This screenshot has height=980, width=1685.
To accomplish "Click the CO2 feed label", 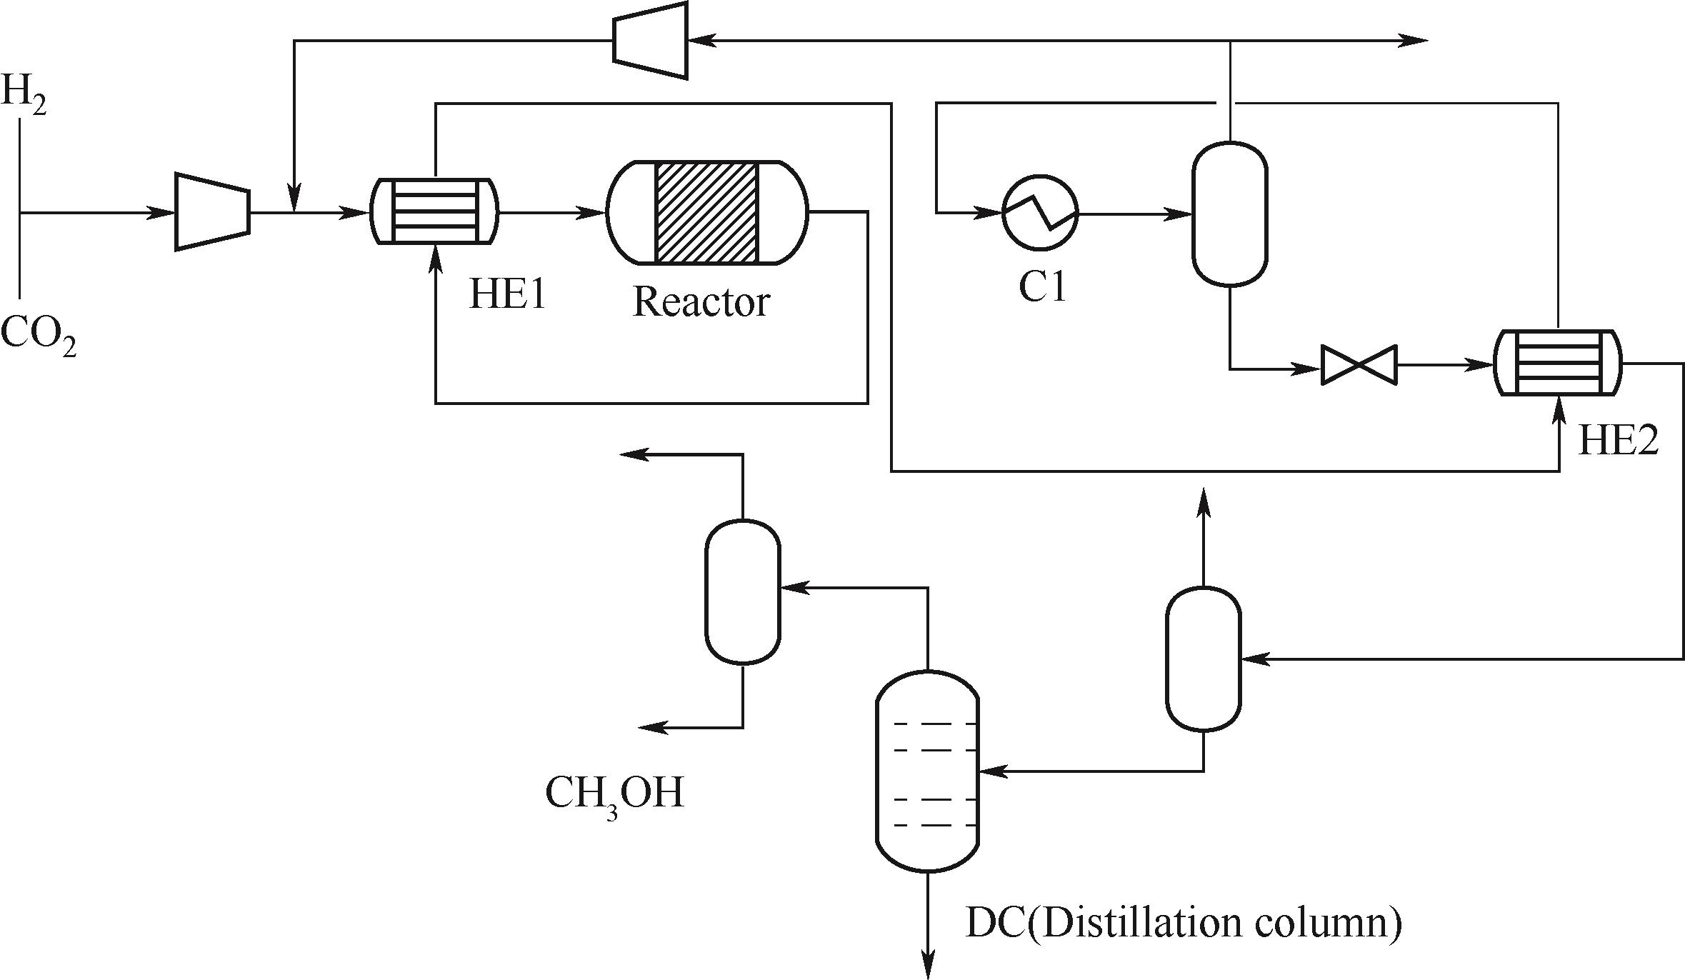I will pos(37,336).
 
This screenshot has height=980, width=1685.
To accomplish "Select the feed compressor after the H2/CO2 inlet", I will pos(212,212).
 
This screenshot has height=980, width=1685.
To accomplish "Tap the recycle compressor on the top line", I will pos(650,40).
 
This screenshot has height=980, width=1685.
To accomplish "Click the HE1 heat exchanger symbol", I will pos(434,211).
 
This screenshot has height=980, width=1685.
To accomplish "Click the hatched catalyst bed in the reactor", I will pos(706,212).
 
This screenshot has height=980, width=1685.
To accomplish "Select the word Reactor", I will pos(701,302).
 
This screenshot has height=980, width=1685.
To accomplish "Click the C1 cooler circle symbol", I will pos(1040,212).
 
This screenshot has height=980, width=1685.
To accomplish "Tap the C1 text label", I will pos(1042,287).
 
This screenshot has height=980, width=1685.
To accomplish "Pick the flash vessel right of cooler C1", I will pos(1229,214).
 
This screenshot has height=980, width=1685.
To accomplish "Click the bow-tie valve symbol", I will pos(1359,366).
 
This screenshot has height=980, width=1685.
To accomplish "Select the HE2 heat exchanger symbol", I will pos(1558,362).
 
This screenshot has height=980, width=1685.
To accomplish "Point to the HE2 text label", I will pos(1618,440).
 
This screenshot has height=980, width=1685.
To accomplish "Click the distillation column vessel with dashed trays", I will pos(926,771).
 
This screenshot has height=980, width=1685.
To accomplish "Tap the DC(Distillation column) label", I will pos(1183,923).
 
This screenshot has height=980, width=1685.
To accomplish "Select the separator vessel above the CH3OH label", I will pos(742,592).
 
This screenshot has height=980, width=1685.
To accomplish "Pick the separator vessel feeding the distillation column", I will pos(1204,659).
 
